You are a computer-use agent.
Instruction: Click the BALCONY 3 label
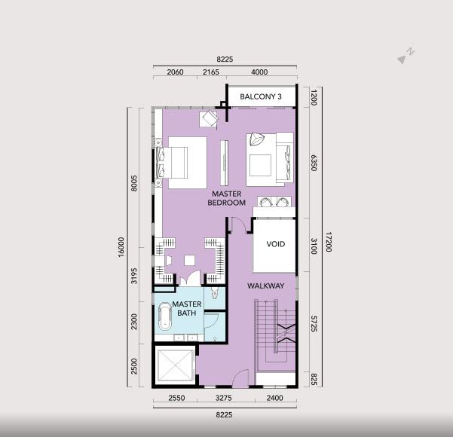(x=261, y=96)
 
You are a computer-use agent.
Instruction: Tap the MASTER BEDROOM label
(x=226, y=198)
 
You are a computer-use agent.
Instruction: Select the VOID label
(x=276, y=244)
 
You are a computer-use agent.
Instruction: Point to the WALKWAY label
(x=266, y=286)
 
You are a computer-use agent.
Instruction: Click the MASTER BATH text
(x=187, y=308)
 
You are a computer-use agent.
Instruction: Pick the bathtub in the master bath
(x=165, y=316)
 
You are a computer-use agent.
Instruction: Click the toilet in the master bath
(x=214, y=292)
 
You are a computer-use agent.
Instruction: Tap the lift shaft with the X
(x=175, y=365)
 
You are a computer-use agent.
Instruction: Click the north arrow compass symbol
(x=406, y=56)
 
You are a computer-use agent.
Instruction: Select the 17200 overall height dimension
(x=329, y=242)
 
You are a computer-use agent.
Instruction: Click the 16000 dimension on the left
(x=121, y=247)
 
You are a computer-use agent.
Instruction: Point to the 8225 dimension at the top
(x=225, y=60)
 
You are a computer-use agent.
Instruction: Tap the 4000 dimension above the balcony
(x=259, y=72)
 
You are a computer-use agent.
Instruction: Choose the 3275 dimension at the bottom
(x=224, y=398)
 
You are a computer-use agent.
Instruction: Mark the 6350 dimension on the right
(x=314, y=163)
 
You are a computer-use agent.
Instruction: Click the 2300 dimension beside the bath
(x=134, y=322)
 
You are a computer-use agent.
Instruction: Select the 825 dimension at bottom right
(x=314, y=380)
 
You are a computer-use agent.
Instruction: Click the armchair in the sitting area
(x=256, y=139)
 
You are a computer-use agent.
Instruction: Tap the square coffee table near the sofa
(x=260, y=165)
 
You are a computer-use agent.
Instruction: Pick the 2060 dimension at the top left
(x=175, y=72)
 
